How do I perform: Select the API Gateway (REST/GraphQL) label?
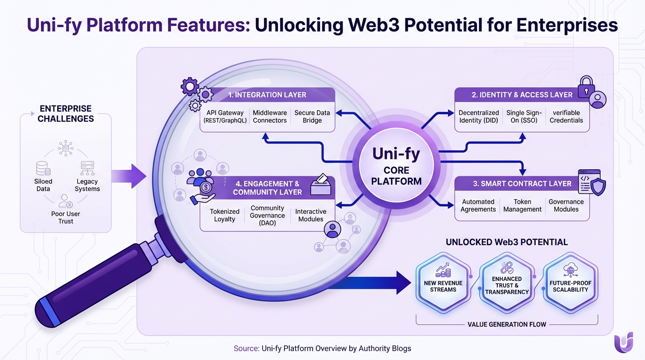[225, 117]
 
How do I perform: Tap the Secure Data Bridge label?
[312, 117]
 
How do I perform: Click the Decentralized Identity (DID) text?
[479, 117]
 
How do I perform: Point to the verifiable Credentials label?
[566, 117]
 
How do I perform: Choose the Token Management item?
[522, 206]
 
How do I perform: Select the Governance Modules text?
[566, 206]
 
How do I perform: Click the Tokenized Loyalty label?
[225, 215]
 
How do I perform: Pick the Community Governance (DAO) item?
[267, 215]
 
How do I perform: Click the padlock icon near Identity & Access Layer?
[585, 86]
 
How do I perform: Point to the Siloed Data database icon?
[43, 168]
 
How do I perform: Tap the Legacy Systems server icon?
[87, 168]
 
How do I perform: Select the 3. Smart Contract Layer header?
[522, 184]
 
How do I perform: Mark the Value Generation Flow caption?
[507, 324]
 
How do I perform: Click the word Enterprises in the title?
[567, 25]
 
